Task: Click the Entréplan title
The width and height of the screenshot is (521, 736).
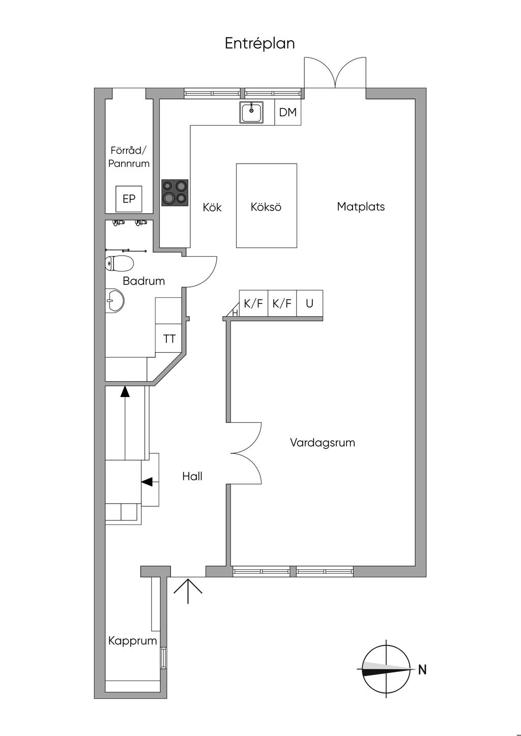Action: tap(259, 44)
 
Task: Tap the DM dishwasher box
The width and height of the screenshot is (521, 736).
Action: tap(287, 112)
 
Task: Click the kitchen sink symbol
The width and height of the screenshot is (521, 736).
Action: tap(251, 112)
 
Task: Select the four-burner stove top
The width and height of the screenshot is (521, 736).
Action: tap(175, 192)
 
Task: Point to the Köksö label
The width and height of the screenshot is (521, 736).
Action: tap(266, 207)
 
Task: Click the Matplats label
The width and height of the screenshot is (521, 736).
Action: tap(361, 206)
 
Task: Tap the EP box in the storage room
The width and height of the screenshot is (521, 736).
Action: tap(129, 199)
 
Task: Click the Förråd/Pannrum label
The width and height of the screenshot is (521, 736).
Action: tap(129, 157)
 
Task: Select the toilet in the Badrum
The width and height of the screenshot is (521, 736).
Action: tap(120, 264)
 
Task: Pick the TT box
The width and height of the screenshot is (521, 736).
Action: tap(169, 339)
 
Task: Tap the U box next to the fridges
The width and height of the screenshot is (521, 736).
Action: tap(309, 303)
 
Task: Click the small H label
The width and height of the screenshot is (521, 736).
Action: tap(235, 313)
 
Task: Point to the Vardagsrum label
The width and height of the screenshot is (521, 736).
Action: tap(322, 442)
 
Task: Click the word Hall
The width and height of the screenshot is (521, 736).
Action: tap(192, 476)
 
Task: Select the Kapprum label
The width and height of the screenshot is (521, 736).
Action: tap(132, 640)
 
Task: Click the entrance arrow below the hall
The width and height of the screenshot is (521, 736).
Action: tap(188, 590)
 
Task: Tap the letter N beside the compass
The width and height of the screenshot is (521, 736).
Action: tap(422, 670)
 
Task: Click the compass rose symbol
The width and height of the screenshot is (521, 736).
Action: tap(386, 669)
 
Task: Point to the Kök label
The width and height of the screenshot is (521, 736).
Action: tap(212, 207)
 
